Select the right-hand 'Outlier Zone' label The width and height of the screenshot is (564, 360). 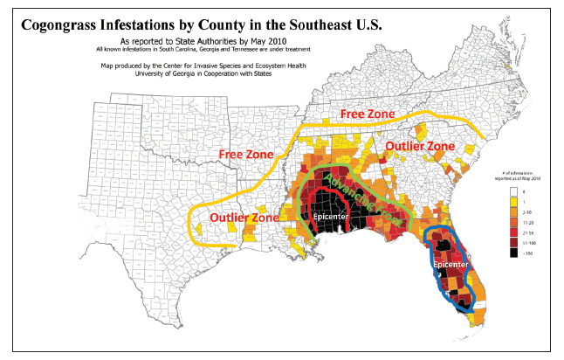420,146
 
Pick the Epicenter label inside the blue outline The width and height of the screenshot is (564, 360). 452,261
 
